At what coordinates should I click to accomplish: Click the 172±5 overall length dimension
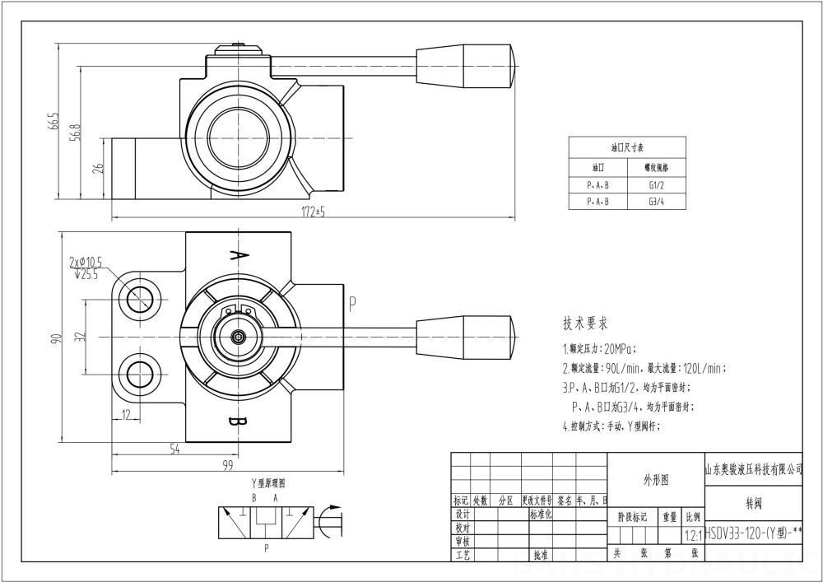click(314, 212)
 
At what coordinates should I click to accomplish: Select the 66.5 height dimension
click(55, 121)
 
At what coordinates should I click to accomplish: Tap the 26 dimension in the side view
click(98, 169)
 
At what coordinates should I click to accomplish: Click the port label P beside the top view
click(351, 304)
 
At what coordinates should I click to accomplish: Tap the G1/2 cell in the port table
click(656, 185)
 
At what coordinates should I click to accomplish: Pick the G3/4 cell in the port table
click(656, 201)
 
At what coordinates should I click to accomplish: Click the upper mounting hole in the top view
click(136, 295)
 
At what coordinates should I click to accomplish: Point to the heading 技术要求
click(585, 323)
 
